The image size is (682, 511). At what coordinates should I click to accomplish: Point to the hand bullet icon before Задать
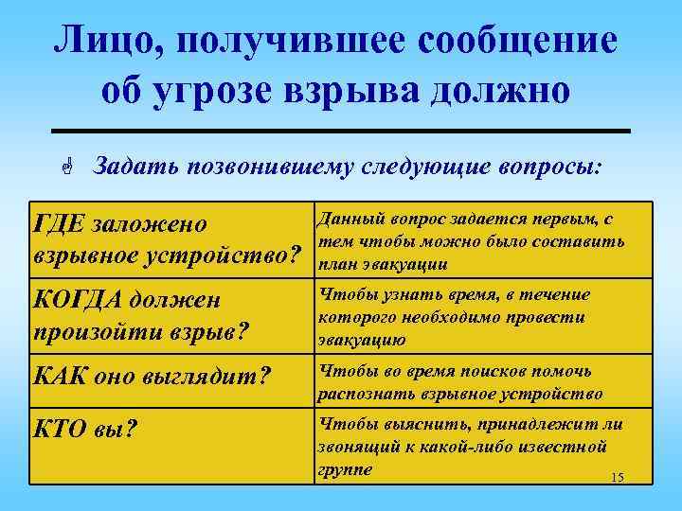[x=68, y=167]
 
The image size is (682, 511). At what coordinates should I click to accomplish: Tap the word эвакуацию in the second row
[x=364, y=342]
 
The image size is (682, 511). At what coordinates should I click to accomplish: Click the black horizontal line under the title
[x=340, y=130]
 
